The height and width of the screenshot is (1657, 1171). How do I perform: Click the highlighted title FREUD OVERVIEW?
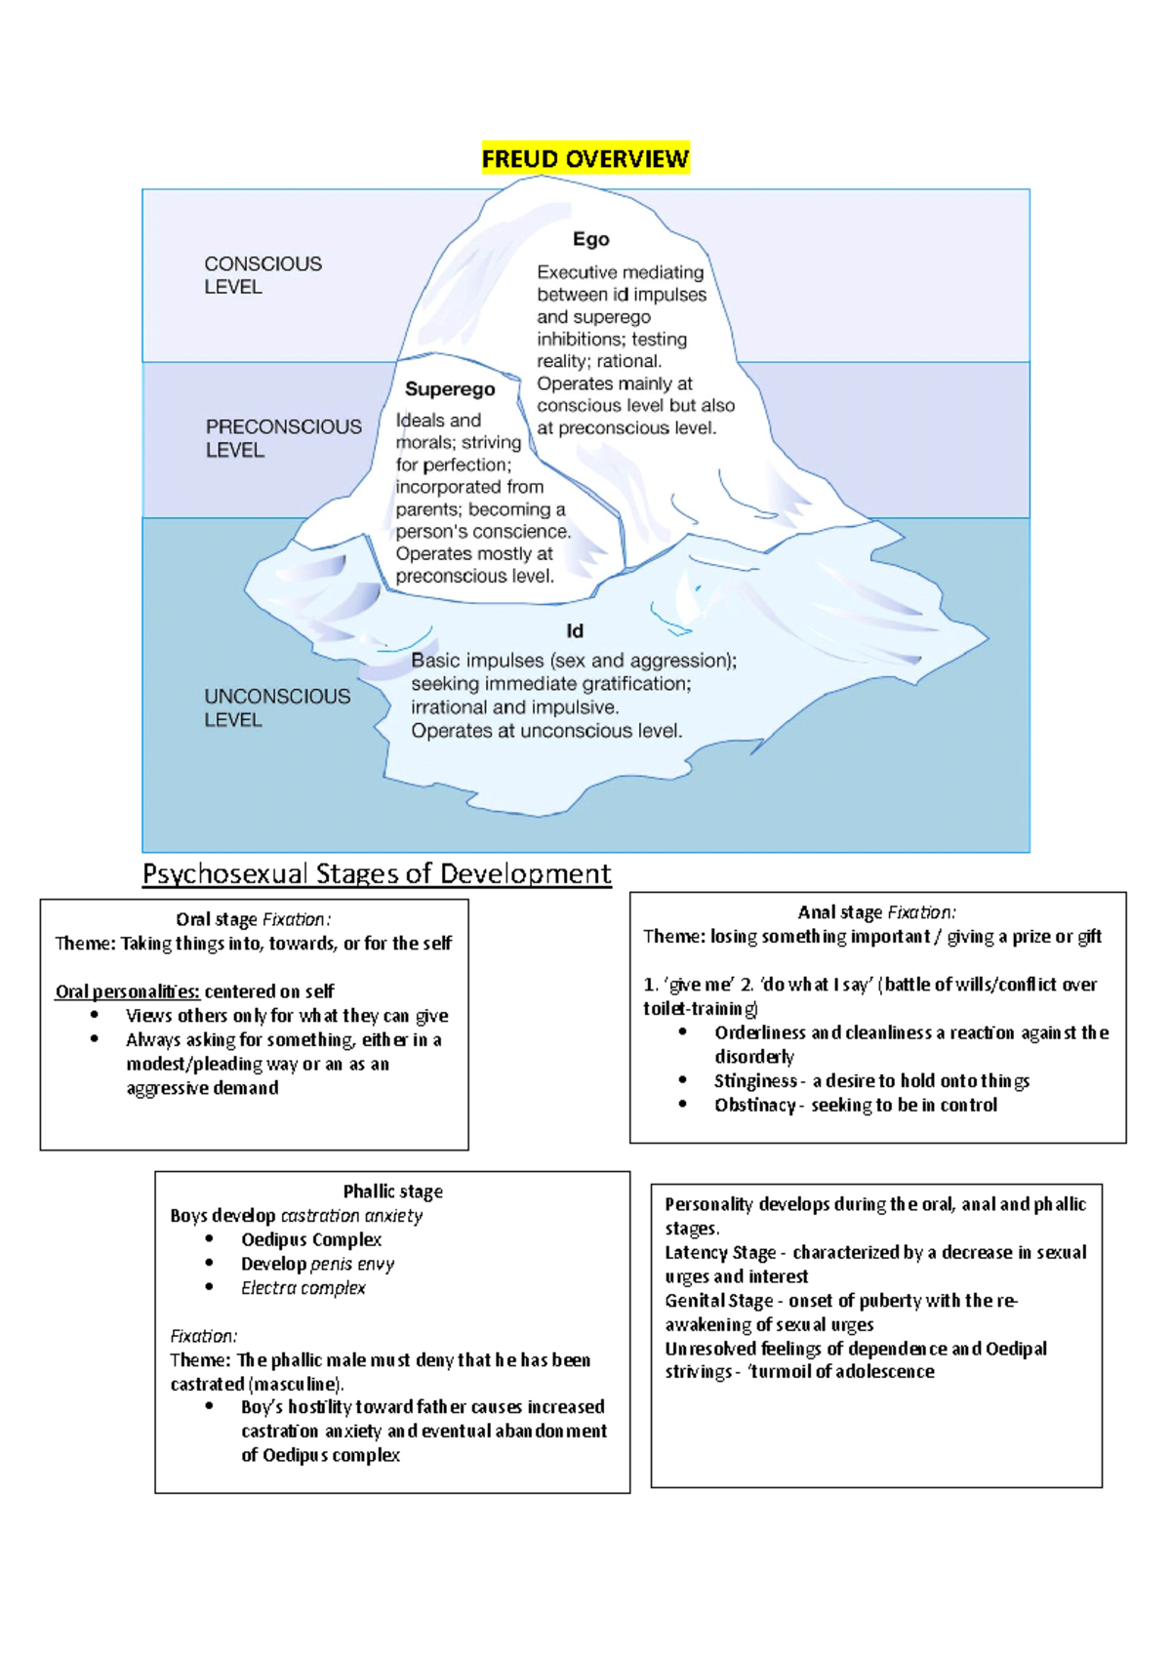[585, 159]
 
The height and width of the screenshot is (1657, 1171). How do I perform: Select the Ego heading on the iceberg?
[590, 239]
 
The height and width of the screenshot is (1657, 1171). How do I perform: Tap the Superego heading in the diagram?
[450, 389]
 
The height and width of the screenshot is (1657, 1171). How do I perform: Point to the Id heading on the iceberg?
[575, 631]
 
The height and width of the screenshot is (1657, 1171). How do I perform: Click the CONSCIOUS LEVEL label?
[262, 275]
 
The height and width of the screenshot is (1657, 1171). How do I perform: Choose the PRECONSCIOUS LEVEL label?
[283, 438]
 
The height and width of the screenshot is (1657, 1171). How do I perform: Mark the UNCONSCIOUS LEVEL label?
[277, 707]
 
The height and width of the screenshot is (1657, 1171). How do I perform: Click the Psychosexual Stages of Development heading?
[377, 873]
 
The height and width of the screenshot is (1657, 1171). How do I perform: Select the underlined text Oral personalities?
[128, 991]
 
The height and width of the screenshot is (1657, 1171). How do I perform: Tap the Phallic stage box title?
[392, 1192]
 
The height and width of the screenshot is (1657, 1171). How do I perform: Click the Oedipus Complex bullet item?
[311, 1239]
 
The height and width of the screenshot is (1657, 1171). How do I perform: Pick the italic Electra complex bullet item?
[303, 1288]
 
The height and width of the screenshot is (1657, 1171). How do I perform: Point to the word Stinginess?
[755, 1081]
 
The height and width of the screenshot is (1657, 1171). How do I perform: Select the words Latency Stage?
[720, 1252]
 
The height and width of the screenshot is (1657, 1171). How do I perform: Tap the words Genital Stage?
[719, 1301]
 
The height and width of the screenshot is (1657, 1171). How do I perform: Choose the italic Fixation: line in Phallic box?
[203, 1336]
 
